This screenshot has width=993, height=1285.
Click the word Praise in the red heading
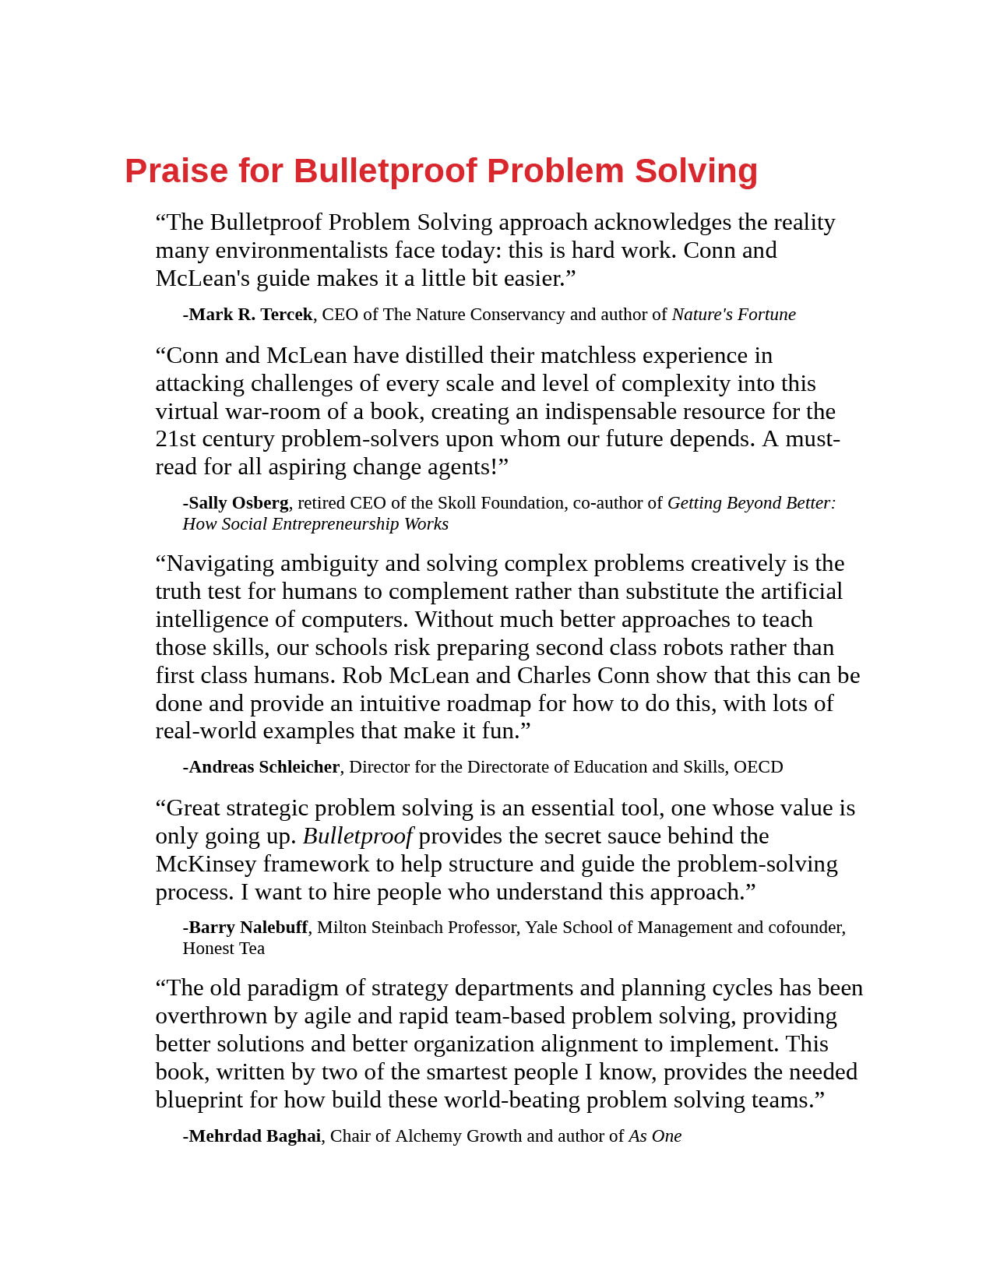click(176, 171)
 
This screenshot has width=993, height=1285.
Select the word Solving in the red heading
click(695, 171)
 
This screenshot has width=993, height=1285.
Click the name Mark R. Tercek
click(250, 315)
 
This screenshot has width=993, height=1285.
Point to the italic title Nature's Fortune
click(734, 315)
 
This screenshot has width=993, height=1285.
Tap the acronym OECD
click(758, 767)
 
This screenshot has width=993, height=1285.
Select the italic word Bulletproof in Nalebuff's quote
click(357, 836)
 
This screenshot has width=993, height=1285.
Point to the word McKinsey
click(206, 864)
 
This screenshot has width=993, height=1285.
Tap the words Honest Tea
click(224, 949)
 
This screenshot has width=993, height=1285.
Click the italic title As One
click(655, 1136)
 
